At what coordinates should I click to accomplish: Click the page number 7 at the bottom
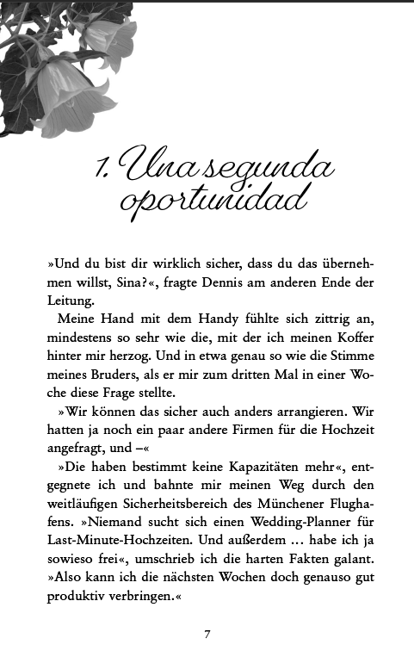207,635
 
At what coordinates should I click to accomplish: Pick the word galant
351,562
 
